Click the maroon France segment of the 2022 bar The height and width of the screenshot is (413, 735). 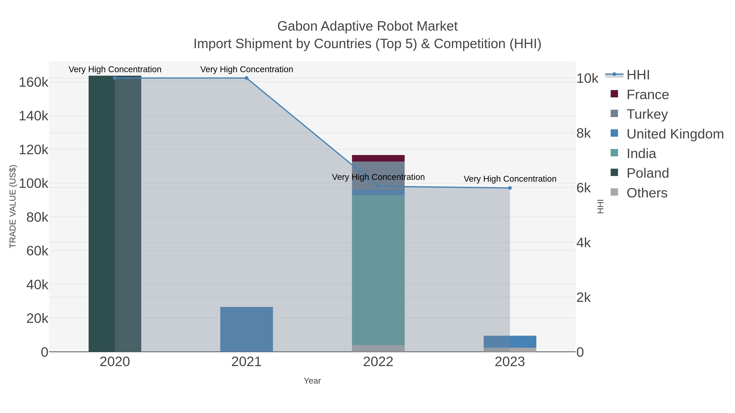pyautogui.click(x=378, y=158)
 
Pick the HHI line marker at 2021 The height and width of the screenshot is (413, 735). pyautogui.click(x=246, y=78)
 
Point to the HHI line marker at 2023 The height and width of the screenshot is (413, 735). pyautogui.click(x=510, y=188)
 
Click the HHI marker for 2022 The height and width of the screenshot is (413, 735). pyautogui.click(x=378, y=186)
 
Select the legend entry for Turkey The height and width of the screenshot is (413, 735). pyautogui.click(x=647, y=114)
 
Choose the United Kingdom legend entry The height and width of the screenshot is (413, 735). pyautogui.click(x=675, y=134)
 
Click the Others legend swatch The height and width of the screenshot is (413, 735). pyautogui.click(x=614, y=192)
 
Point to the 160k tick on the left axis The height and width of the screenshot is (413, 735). pyautogui.click(x=33, y=82)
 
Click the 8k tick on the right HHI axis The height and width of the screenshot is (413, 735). pyautogui.click(x=584, y=133)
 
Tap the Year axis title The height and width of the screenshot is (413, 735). pyautogui.click(x=312, y=381)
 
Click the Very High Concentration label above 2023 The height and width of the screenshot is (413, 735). pyautogui.click(x=510, y=179)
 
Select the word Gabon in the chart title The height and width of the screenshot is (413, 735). pyautogui.click(x=297, y=27)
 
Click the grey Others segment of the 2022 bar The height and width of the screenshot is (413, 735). pyautogui.click(x=378, y=348)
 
